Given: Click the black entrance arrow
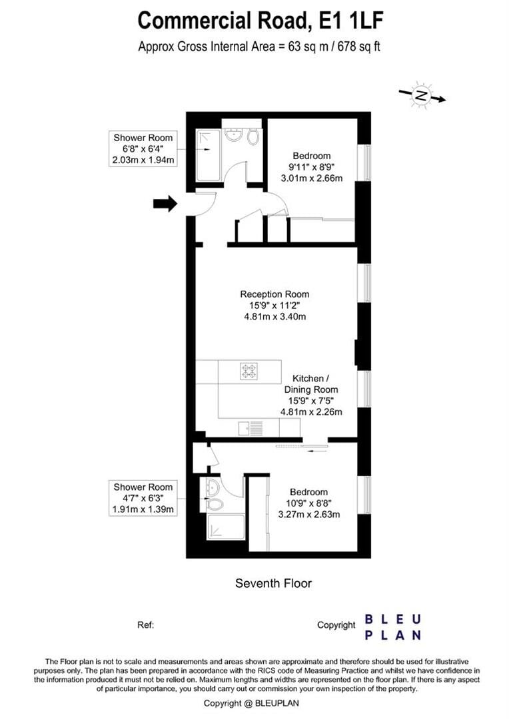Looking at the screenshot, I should (x=165, y=203).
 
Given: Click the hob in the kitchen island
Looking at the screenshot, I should (x=249, y=370).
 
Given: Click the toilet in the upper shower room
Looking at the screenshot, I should (x=253, y=137).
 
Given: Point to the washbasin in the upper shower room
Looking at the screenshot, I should (x=234, y=135).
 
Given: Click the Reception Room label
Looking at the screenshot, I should (x=274, y=294).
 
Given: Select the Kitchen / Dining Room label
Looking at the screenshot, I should (x=311, y=384).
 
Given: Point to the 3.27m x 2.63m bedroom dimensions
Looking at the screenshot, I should (x=309, y=514).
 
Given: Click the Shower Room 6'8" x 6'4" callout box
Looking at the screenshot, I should (x=143, y=148).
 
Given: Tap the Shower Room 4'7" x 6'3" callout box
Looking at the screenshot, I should (x=143, y=498).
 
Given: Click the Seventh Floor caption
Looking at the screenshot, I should (x=273, y=583).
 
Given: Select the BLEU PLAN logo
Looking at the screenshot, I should (x=392, y=626).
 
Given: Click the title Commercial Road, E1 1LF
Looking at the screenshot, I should (x=260, y=21).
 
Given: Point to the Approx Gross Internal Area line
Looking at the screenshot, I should (x=258, y=47).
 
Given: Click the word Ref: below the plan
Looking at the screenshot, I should (x=145, y=624).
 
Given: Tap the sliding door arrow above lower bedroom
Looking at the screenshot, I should (x=317, y=451).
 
